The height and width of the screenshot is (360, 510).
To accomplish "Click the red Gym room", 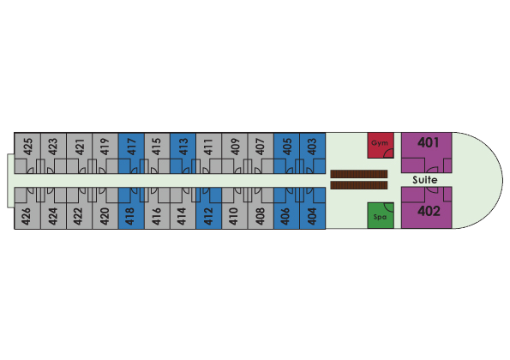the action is (x=381, y=146).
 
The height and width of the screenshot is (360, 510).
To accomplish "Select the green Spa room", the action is (x=381, y=216).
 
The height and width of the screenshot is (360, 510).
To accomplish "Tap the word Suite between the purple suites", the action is (x=425, y=180).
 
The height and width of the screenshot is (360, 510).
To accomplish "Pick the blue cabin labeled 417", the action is (x=131, y=153).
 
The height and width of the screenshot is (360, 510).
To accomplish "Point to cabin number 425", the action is (x=27, y=153).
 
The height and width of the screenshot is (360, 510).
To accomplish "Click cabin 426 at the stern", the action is (x=27, y=208).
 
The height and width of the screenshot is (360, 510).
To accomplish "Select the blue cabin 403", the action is (x=313, y=153).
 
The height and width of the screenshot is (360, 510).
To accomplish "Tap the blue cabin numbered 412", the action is (x=209, y=208).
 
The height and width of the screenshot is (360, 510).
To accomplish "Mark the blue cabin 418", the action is (x=131, y=208).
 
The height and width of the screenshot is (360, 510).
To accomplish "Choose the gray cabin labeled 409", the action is (x=235, y=153).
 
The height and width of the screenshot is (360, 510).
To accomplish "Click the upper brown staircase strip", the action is (x=359, y=174).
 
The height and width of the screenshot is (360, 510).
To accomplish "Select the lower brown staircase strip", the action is (x=359, y=185).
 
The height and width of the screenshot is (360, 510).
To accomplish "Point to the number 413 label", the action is (x=183, y=147).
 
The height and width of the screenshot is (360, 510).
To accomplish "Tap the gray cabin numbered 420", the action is (x=105, y=208).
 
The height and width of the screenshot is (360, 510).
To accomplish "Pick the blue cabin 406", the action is (x=286, y=208).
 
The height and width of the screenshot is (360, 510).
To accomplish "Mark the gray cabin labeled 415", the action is (x=157, y=153).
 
